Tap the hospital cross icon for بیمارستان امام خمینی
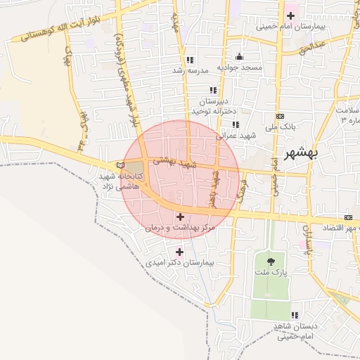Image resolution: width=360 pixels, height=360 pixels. click(290, 15)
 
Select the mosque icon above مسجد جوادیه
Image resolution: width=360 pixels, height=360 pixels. click(239, 57)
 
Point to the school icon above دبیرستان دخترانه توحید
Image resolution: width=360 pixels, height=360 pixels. click(212, 91)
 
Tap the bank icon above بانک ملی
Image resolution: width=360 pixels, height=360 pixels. click(281, 116)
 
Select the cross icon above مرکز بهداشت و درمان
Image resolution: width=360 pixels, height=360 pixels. click(180, 217)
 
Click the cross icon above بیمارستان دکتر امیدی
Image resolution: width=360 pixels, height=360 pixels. click(180, 251)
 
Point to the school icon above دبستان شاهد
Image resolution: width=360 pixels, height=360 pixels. click(295, 315)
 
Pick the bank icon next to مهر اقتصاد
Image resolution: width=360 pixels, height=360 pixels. click(348, 217)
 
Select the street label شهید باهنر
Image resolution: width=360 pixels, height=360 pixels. click(212, 187)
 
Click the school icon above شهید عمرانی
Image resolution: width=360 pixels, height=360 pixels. click(234, 124)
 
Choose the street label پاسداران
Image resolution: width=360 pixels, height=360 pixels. click(307, 240)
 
